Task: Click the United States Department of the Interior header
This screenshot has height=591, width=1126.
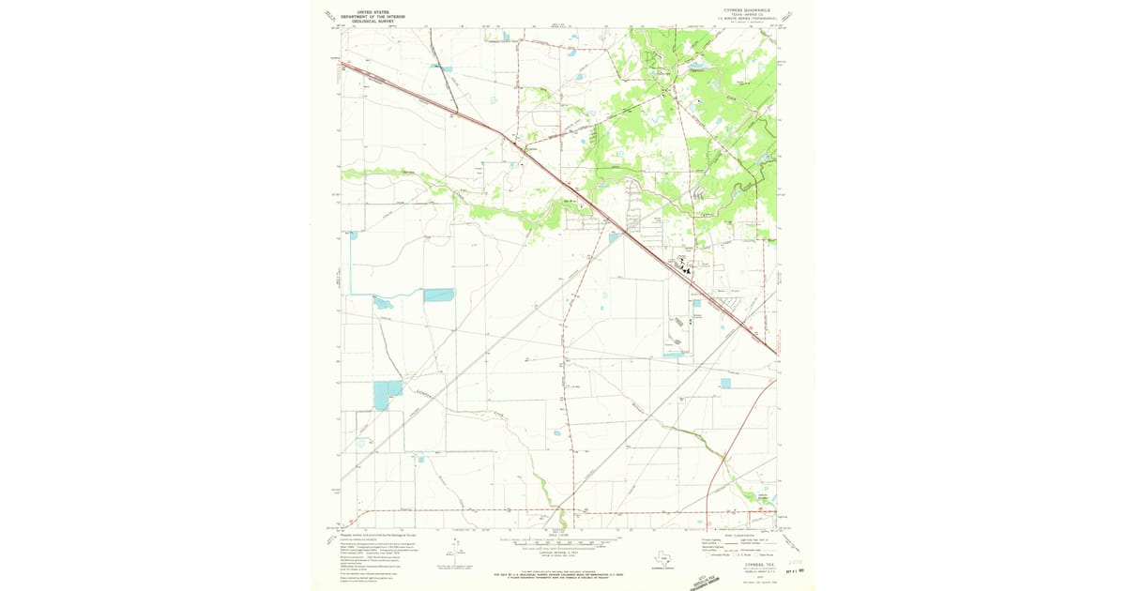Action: [366, 16]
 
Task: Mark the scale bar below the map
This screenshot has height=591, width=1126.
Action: [560, 542]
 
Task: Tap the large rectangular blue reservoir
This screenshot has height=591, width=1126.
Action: [438, 295]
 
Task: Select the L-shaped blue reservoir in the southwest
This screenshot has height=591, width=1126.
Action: [386, 395]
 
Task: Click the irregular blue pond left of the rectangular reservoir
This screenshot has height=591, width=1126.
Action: [384, 303]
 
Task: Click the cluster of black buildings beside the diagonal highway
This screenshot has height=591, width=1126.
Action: [688, 269]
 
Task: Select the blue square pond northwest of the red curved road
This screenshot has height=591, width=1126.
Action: [725, 383]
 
